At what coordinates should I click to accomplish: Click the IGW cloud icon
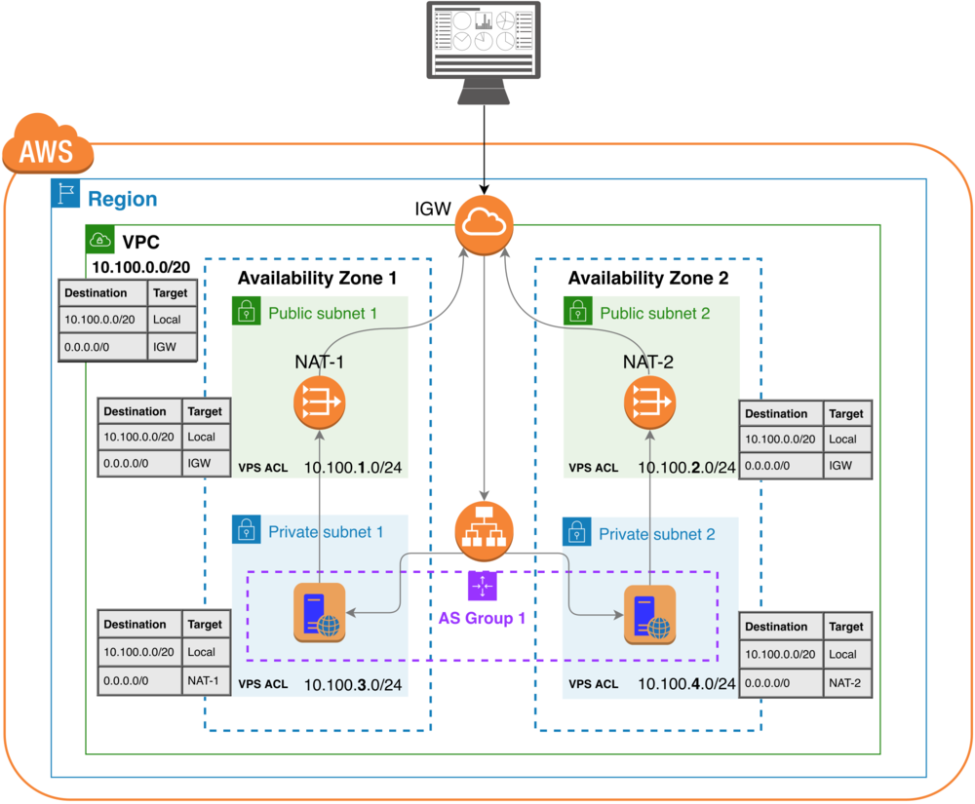click(x=485, y=223)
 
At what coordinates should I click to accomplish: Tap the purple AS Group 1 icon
click(x=483, y=586)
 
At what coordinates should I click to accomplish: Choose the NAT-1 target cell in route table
click(x=204, y=680)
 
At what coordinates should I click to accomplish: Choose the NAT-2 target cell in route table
click(x=844, y=683)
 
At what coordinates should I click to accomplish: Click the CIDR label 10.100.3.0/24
click(x=353, y=684)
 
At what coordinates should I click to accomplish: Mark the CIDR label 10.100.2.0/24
click(x=686, y=468)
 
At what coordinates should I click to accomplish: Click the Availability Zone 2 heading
click(x=648, y=278)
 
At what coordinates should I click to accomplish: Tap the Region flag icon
click(x=64, y=193)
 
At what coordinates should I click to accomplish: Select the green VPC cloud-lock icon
click(x=99, y=238)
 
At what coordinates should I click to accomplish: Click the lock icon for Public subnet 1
click(x=246, y=312)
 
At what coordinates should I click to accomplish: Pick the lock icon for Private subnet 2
click(x=577, y=532)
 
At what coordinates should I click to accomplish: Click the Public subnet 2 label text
click(x=654, y=313)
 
